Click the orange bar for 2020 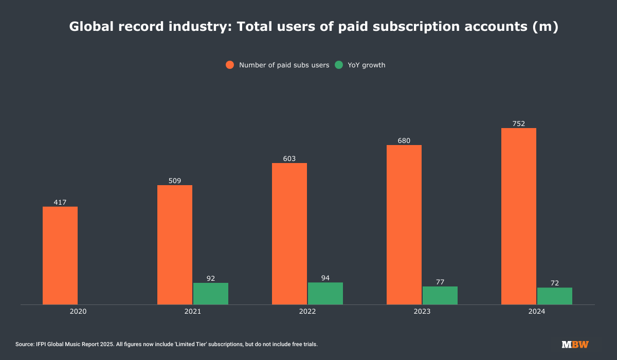pos(60,256)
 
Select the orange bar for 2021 pos(175,245)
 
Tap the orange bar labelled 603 pos(289,233)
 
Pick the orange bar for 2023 pos(404,225)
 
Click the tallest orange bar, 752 pos(519,216)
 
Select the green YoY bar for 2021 pos(211,294)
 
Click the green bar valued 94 pos(325,293)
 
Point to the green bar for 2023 pos(440,295)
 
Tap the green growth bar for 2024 pos(555,296)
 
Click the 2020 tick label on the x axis pos(78,312)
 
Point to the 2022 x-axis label pos(307,312)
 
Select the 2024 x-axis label pos(537,312)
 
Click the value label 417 pos(60,202)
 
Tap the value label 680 pos(404,140)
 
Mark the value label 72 pos(555,283)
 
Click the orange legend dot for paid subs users pos(230,65)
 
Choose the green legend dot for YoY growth pos(339,65)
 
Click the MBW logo pos(575,344)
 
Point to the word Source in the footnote pos(24,344)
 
